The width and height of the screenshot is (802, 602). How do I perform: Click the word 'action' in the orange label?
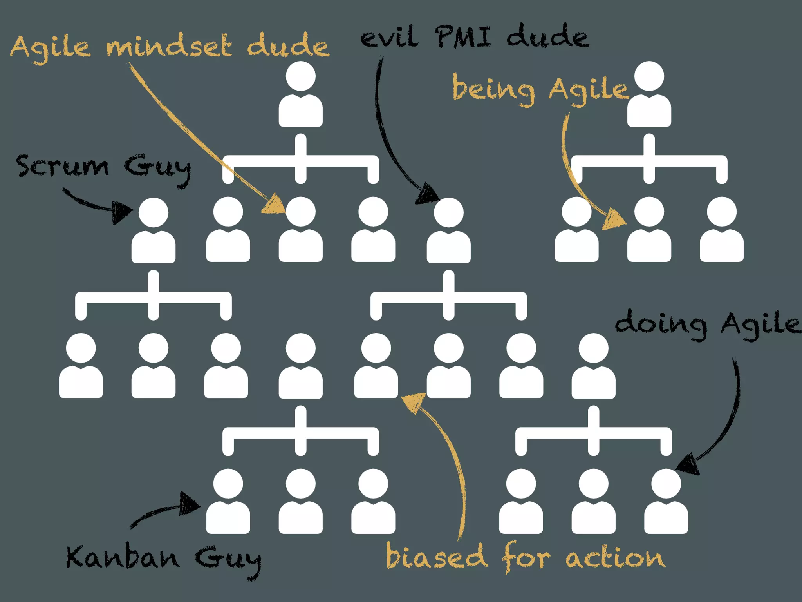click(x=615, y=557)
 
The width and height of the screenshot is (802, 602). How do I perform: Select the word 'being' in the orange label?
click(x=494, y=90)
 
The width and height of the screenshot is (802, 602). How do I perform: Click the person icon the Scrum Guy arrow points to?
click(x=154, y=231)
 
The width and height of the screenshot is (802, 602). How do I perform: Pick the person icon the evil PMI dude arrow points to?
click(x=448, y=231)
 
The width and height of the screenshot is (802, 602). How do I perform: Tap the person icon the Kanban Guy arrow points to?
click(x=228, y=502)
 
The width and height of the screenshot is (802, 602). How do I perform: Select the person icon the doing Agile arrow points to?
click(x=666, y=502)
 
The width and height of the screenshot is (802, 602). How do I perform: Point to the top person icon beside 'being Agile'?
click(x=649, y=94)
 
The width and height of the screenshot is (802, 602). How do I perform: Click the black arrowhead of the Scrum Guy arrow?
click(x=121, y=212)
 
